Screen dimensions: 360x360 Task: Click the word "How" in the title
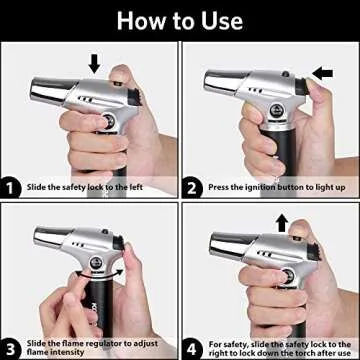(x=143, y=21)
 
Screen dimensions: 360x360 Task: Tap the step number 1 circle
(x=10, y=188)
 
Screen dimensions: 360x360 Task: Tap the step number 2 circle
(x=192, y=188)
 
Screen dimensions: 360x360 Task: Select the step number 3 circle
(x=10, y=349)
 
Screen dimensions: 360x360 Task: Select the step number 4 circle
(x=192, y=349)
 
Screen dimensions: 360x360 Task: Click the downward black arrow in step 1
(x=94, y=63)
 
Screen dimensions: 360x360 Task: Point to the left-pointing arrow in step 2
(x=322, y=74)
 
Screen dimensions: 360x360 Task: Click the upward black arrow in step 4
(x=282, y=223)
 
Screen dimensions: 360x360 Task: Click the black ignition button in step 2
(x=302, y=86)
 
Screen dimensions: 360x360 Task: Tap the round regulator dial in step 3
(x=97, y=263)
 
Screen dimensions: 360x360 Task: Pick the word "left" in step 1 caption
(x=135, y=187)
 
